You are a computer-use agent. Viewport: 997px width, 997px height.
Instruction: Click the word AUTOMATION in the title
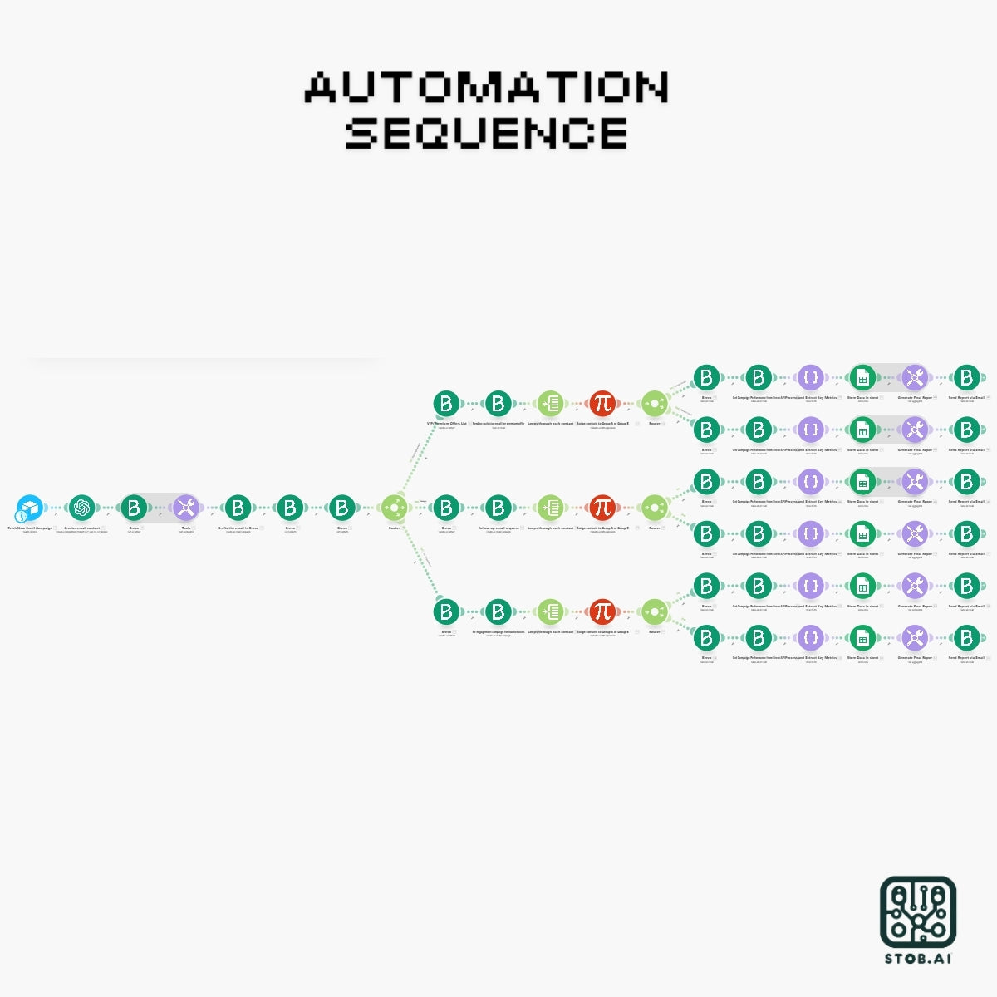(487, 87)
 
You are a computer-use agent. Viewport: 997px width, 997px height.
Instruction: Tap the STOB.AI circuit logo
(918, 912)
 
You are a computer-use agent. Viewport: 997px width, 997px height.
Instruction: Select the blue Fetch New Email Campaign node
(30, 508)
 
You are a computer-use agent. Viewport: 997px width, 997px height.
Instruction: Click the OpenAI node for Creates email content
(81, 507)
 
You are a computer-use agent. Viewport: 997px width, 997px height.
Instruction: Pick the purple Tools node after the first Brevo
(186, 507)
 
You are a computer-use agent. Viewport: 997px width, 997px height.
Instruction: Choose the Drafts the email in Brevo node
(238, 507)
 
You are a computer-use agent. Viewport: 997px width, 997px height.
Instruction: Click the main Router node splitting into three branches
(394, 507)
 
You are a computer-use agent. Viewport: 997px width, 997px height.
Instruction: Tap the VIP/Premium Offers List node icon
(446, 404)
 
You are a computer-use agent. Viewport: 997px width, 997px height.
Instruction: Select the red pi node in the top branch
(602, 404)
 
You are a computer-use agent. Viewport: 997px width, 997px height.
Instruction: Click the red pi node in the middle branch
(602, 507)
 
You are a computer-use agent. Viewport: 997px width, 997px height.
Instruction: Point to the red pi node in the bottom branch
(602, 611)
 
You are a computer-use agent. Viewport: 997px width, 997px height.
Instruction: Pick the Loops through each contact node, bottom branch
(550, 611)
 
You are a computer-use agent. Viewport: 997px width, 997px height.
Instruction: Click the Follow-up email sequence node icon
(498, 507)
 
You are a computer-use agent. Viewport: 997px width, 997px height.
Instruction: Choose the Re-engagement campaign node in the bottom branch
(498, 611)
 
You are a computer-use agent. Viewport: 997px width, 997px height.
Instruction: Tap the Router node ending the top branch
(654, 404)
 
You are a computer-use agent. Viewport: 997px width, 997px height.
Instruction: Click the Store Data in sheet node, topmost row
(862, 378)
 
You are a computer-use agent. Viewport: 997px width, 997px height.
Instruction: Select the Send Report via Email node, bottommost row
(966, 638)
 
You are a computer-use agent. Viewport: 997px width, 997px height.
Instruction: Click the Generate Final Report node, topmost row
(915, 378)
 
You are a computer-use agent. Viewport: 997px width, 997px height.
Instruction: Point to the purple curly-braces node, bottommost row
(810, 638)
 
